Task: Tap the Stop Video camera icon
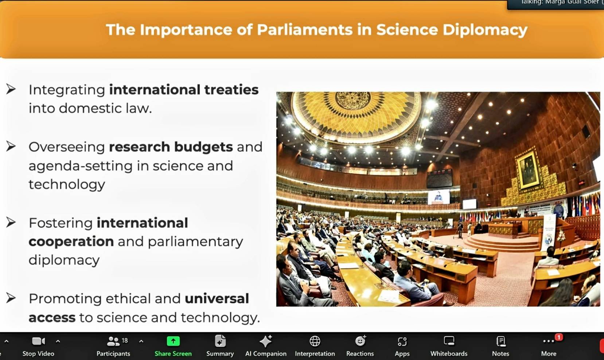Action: click(39, 341)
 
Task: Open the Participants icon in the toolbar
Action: click(113, 341)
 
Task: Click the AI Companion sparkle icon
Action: click(266, 341)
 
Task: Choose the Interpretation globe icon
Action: click(315, 341)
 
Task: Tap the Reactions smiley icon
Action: click(360, 341)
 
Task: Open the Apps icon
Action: click(402, 341)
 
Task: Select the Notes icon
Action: click(501, 341)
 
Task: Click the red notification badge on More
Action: click(559, 337)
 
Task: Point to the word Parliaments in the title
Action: click(305, 30)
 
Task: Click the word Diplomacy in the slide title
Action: click(485, 30)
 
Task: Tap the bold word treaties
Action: click(231, 90)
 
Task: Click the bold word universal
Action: click(217, 298)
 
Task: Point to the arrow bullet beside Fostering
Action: click(11, 222)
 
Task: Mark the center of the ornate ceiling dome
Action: click(352, 101)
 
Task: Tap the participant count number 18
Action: click(125, 341)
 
